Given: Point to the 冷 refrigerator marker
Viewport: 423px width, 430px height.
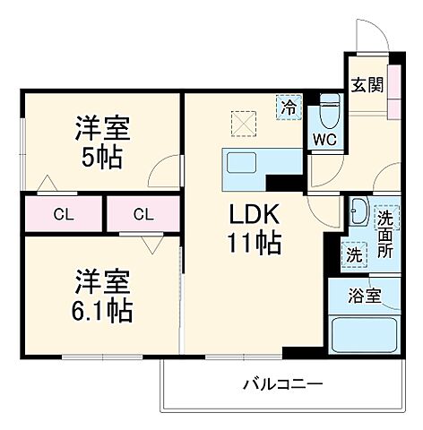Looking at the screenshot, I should (x=288, y=106).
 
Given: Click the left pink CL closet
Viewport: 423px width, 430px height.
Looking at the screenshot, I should (x=63, y=214).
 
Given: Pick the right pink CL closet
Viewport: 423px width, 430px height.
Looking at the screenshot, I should (x=143, y=214).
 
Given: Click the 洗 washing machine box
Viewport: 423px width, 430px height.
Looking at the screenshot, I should (x=354, y=254).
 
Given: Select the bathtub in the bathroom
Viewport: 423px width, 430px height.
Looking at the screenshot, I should (x=365, y=335).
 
